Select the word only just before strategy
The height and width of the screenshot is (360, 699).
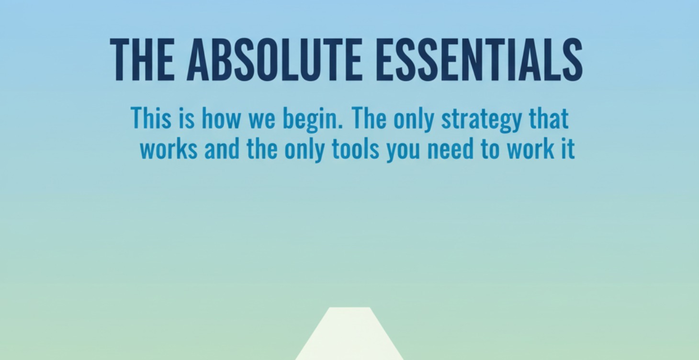pyautogui.click(x=415, y=119)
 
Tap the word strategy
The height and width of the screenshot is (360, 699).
pyautogui.click(x=481, y=119)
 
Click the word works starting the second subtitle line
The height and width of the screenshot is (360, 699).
pyautogui.click(x=169, y=149)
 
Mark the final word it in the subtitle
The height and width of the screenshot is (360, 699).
pyautogui.click(x=568, y=149)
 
